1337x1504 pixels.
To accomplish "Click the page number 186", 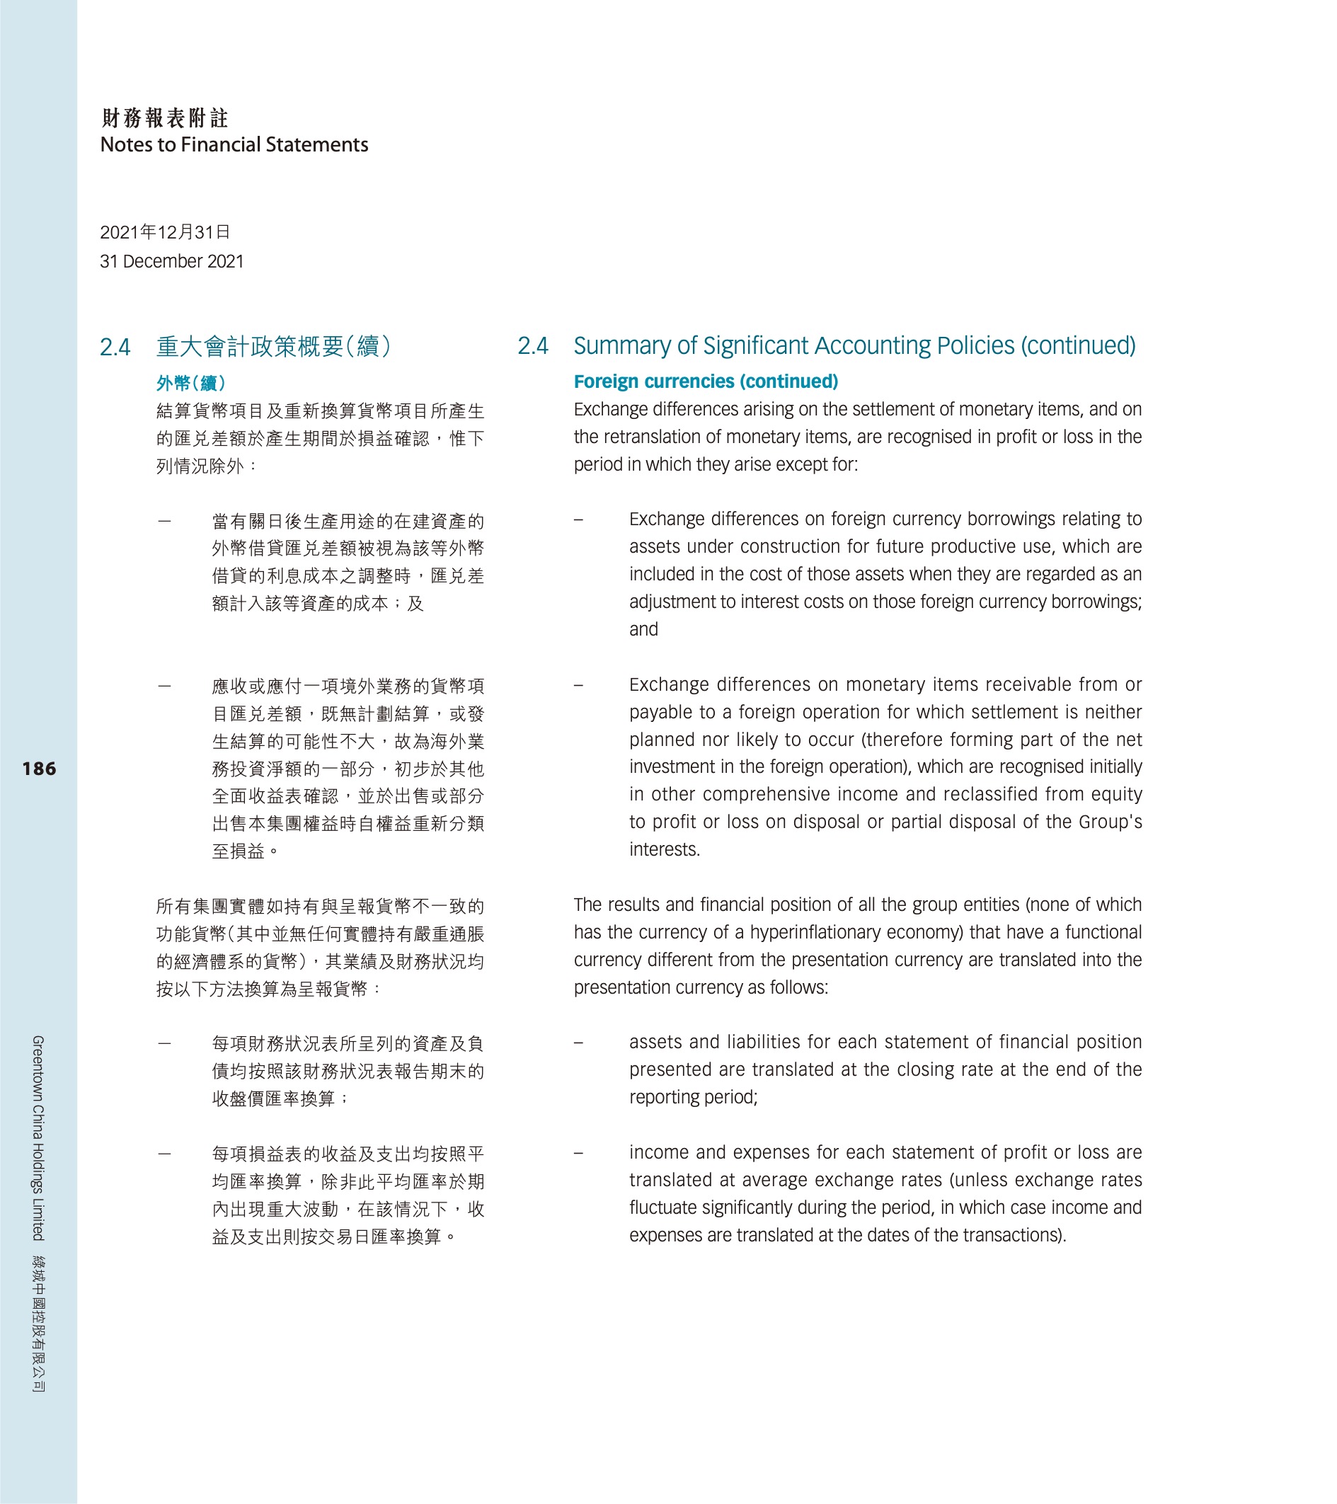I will (x=39, y=769).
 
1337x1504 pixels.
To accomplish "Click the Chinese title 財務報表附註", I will (x=165, y=117).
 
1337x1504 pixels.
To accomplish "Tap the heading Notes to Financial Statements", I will (x=234, y=145).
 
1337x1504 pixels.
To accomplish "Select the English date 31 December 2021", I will (x=171, y=262).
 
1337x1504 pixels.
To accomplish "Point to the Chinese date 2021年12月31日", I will (x=165, y=233).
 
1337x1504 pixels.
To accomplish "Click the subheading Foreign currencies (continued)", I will (x=706, y=382).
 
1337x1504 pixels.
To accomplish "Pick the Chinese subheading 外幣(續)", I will (x=190, y=384).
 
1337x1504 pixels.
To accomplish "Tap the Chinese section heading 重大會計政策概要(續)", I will (x=273, y=347).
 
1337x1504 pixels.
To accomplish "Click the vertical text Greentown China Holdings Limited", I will (x=38, y=1137).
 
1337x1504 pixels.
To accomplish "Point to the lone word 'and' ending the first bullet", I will (x=643, y=630).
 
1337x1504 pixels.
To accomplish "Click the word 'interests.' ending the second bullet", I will (x=665, y=850).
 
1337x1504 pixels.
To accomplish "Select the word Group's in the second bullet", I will (x=1111, y=822).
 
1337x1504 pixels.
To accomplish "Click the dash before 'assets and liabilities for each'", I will (x=578, y=1043).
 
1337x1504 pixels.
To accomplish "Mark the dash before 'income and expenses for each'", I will (x=578, y=1153).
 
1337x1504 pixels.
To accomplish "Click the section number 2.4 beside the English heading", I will (x=533, y=346).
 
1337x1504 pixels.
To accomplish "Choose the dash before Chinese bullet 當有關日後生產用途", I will (x=165, y=522).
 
